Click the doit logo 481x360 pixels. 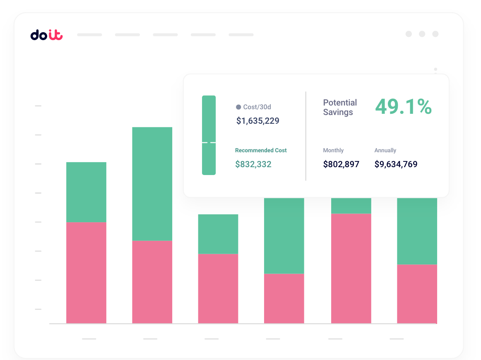pyautogui.click(x=46, y=35)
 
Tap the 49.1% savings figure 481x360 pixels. pyautogui.click(x=403, y=107)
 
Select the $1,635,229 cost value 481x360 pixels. pyautogui.click(x=257, y=121)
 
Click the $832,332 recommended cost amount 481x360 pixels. pyautogui.click(x=253, y=164)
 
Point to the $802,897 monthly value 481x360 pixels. pyautogui.click(x=341, y=164)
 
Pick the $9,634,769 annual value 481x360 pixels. pyautogui.click(x=396, y=164)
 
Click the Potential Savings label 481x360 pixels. pyautogui.click(x=339, y=107)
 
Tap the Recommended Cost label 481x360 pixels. pyautogui.click(x=261, y=150)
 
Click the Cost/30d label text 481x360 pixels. pyautogui.click(x=257, y=107)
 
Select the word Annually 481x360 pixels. pyautogui.click(x=385, y=150)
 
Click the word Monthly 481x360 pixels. pyautogui.click(x=333, y=150)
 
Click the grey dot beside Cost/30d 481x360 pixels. pyautogui.click(x=238, y=107)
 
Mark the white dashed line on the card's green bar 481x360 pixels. pyautogui.click(x=209, y=142)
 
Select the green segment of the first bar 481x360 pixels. pyautogui.click(x=86, y=192)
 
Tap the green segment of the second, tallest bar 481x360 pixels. pyautogui.click(x=152, y=183)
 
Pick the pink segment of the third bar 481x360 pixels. pyautogui.click(x=218, y=288)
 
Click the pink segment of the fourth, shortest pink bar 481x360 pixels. pyautogui.click(x=284, y=298)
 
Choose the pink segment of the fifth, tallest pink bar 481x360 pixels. pyautogui.click(x=351, y=268)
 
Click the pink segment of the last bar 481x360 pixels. pyautogui.click(x=417, y=293)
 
